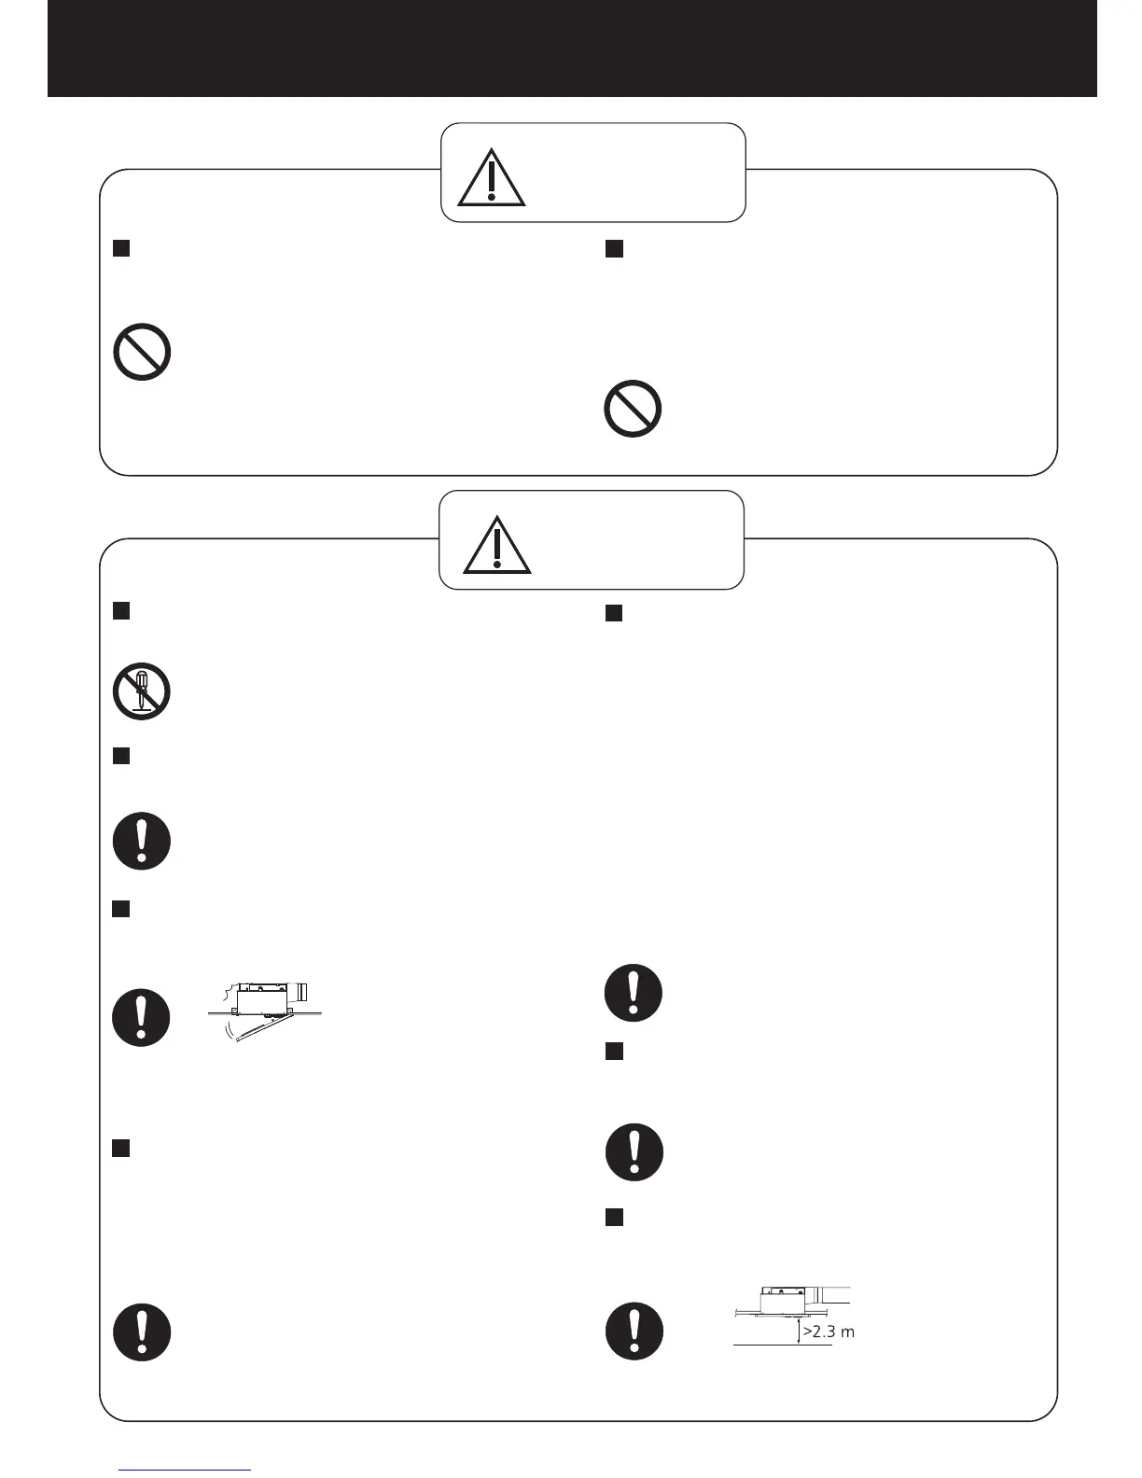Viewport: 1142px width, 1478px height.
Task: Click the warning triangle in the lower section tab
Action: coord(496,545)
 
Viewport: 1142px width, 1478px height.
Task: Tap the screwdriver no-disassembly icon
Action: coord(141,691)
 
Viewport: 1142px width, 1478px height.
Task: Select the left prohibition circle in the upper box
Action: coord(142,352)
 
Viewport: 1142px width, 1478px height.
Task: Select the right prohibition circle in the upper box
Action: coord(633,410)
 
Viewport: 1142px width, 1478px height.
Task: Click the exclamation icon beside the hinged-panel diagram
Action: coord(141,1017)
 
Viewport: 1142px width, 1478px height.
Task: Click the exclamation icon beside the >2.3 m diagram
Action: coord(634,1331)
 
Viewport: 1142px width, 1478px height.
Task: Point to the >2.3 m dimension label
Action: coord(829,1332)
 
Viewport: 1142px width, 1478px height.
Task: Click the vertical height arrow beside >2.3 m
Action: coord(798,1332)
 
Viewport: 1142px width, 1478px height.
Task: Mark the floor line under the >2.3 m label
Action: coord(782,1346)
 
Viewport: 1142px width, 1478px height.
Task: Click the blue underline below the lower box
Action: coord(185,1470)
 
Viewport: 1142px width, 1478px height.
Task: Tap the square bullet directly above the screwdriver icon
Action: coord(120,611)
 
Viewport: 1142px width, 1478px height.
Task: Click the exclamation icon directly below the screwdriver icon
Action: coord(141,842)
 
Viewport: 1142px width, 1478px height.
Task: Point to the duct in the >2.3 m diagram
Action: coord(829,1294)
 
